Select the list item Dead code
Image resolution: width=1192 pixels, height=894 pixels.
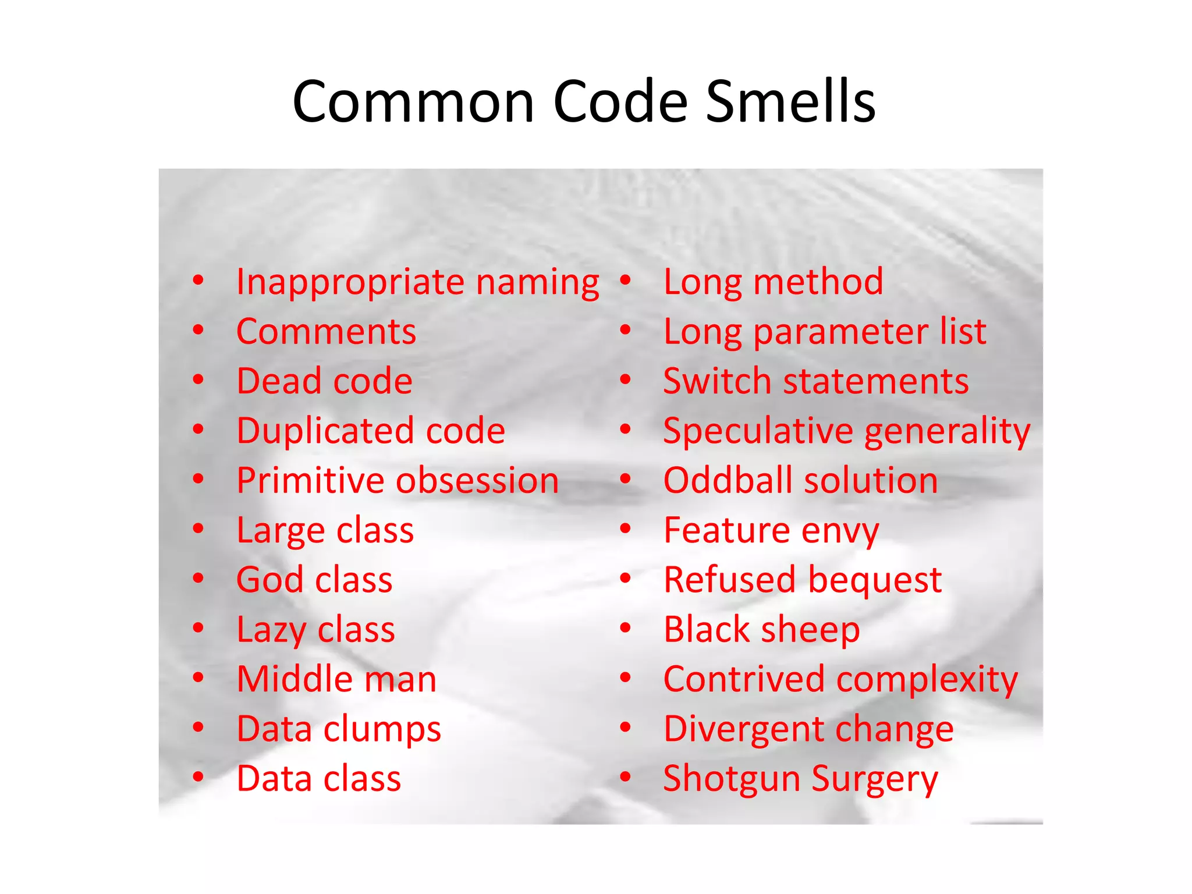coord(324,381)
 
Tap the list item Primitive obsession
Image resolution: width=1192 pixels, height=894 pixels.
coord(398,481)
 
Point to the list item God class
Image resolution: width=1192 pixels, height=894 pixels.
coord(314,580)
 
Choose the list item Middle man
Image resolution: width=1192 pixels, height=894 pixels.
coord(336,679)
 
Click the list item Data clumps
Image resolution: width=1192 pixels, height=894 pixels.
coord(339,729)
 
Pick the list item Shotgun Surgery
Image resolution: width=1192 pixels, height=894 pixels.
coord(800,779)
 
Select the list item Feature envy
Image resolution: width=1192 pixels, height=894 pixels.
coord(771,531)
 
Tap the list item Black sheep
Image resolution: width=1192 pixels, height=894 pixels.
coord(761,630)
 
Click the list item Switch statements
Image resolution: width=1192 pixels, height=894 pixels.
coord(816,381)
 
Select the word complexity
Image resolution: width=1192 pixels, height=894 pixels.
coord(928,680)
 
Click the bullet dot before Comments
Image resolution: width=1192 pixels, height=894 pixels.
coord(199,331)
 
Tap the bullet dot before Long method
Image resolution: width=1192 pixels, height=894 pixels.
coord(626,281)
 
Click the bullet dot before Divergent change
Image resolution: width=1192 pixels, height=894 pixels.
coord(626,727)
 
